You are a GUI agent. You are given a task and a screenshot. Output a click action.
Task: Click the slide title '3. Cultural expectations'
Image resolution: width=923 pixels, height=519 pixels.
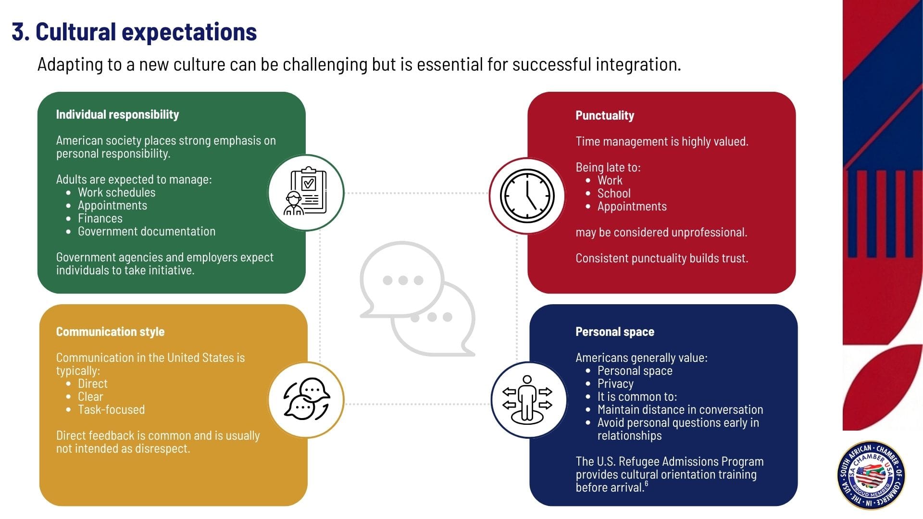point(134,32)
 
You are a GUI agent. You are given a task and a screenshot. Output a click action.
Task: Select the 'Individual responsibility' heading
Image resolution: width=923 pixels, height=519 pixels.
point(117,114)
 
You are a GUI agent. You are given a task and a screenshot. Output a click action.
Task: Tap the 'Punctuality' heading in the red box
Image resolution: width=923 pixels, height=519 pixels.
point(605,115)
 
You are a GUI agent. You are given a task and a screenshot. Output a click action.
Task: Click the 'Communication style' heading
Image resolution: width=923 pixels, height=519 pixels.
point(110,332)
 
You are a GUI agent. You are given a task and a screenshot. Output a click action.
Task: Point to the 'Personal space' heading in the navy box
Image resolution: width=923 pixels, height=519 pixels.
point(614,332)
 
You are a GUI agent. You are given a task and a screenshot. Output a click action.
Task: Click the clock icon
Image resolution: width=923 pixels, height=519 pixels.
point(527,196)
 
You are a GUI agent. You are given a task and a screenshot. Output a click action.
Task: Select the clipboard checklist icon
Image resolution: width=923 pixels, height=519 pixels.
point(306,192)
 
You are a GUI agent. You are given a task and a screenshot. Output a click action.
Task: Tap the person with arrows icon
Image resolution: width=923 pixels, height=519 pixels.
point(527,400)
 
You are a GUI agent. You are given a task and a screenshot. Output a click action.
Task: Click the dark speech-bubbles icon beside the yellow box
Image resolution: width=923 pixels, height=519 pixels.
point(306,399)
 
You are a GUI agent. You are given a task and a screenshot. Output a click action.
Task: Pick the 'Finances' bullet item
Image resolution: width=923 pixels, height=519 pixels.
point(100,219)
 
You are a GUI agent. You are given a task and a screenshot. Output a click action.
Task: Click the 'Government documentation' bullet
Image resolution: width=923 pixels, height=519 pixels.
point(146,232)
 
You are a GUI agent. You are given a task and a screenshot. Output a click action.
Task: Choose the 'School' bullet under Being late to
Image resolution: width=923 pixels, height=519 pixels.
point(613,194)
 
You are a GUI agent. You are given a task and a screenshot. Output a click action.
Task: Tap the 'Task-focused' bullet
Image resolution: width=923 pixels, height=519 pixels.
point(111,410)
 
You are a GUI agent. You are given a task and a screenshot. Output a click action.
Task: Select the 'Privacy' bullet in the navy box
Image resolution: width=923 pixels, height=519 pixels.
point(615,384)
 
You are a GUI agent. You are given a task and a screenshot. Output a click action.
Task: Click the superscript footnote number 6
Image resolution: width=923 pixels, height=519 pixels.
point(647,484)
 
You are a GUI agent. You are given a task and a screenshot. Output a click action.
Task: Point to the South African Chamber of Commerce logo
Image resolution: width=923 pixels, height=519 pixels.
point(871,475)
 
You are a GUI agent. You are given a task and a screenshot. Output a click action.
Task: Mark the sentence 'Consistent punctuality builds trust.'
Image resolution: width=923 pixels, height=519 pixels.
point(661,259)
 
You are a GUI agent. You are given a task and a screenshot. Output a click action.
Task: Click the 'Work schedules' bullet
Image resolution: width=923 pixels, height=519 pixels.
point(116,193)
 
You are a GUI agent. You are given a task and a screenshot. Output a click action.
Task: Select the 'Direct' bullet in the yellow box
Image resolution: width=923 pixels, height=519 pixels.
point(92,384)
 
